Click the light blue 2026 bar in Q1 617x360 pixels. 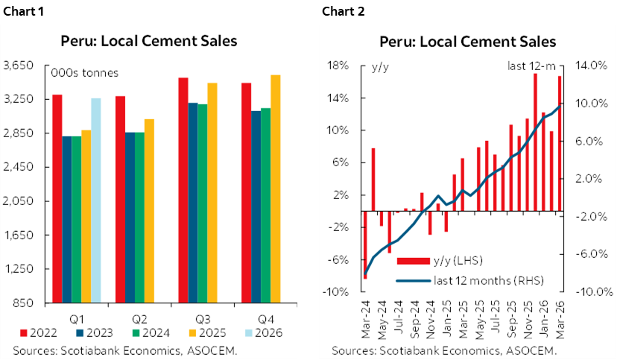click(x=96, y=200)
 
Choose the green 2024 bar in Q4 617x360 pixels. click(x=265, y=206)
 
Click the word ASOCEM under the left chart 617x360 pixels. click(x=215, y=350)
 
